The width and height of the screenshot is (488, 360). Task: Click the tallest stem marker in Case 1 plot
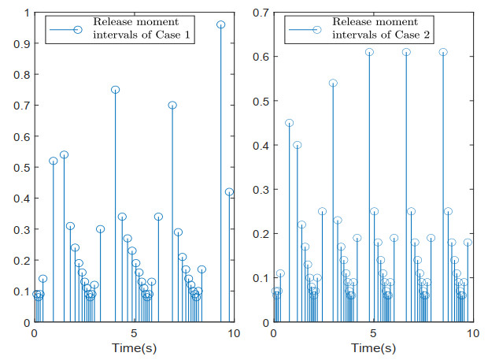tap(221, 24)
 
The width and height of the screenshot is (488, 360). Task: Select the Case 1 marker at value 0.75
tap(116, 90)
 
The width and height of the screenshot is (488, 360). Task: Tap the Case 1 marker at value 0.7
tap(172, 105)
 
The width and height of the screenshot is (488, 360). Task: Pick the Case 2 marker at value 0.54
tap(333, 83)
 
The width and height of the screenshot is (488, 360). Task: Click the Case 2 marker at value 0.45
tap(289, 123)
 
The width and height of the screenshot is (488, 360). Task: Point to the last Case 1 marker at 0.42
tap(229, 192)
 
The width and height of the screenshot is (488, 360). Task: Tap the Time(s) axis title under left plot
tap(132, 347)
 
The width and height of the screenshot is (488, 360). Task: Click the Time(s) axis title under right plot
tap(372, 347)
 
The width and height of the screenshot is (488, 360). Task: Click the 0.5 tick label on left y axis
tap(20, 168)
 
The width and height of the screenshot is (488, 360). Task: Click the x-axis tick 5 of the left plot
tap(133, 333)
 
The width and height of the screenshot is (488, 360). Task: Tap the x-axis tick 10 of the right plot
tap(471, 333)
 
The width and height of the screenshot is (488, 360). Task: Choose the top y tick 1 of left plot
tap(25, 13)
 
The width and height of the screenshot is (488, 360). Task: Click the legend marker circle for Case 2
tap(316, 30)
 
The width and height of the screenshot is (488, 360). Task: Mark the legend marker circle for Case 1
tap(77, 30)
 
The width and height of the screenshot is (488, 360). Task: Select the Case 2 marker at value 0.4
tap(298, 145)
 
